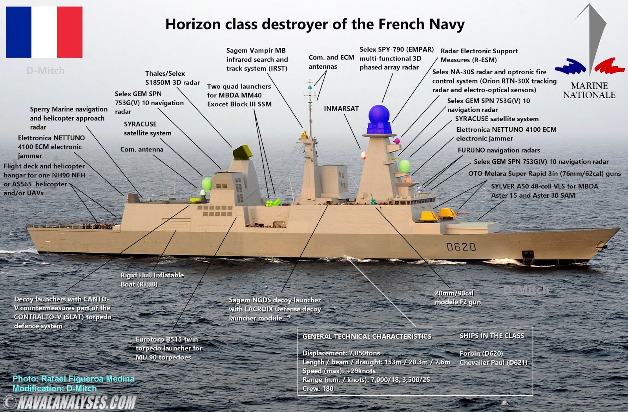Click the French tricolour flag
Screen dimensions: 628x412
click(44, 32)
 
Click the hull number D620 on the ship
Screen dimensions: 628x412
click(461, 247)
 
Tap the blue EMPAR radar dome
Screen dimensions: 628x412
click(379, 115)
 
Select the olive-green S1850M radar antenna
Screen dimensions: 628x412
click(242, 152)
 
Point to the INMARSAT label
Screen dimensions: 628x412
click(341, 109)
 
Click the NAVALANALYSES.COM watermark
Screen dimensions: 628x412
click(77, 403)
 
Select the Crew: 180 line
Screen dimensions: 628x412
click(318, 388)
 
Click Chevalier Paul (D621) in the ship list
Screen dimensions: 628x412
click(493, 362)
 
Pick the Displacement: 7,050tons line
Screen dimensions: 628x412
click(341, 353)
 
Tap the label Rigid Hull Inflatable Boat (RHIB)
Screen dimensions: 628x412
click(152, 280)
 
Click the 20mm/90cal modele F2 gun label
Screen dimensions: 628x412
click(457, 297)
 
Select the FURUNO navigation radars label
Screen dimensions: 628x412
click(498, 150)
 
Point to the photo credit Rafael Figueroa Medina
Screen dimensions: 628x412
click(73, 379)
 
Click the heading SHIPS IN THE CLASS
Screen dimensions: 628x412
click(491, 336)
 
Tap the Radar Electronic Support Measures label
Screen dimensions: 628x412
click(479, 55)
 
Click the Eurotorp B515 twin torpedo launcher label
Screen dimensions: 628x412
click(169, 348)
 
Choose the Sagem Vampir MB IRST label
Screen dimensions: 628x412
click(257, 59)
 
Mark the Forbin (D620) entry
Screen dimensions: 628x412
click(481, 353)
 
